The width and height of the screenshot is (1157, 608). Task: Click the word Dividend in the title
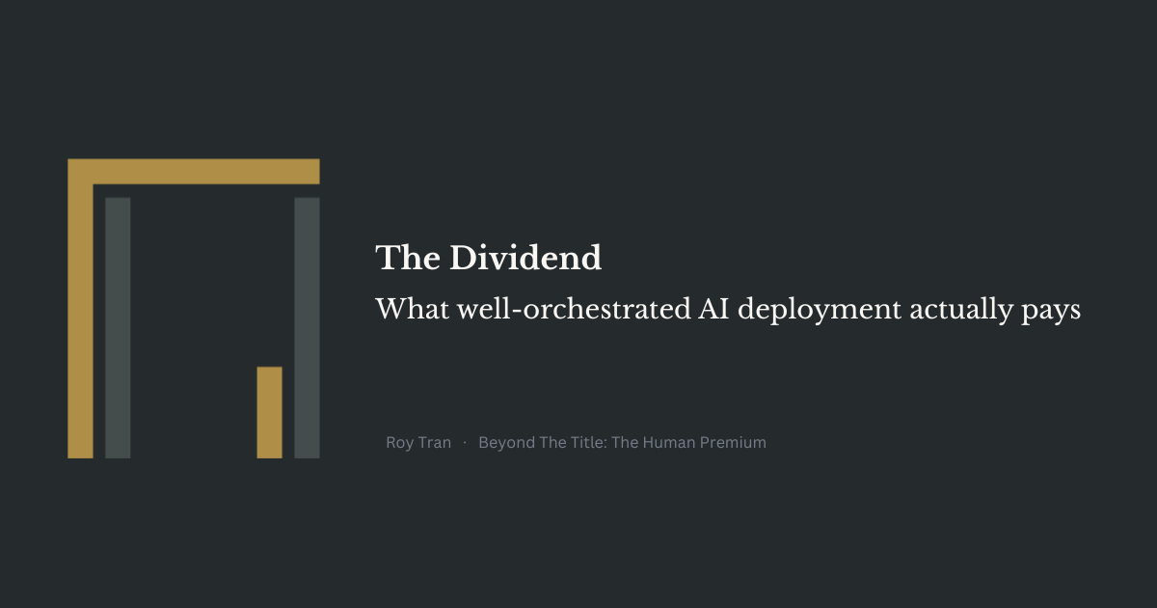[x=525, y=258]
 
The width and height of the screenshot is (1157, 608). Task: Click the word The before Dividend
[x=408, y=258]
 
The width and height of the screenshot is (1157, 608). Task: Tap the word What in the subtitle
[x=413, y=309]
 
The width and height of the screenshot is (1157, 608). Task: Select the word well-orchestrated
[x=574, y=309]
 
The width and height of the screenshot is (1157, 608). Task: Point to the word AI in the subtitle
[x=713, y=309]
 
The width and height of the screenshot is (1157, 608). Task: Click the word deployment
[x=820, y=311]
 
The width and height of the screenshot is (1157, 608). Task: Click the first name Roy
[x=399, y=443]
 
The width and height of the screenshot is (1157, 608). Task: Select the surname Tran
[x=434, y=443]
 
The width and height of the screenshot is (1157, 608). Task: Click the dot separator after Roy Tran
[x=465, y=443]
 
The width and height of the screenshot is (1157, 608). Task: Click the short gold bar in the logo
[x=270, y=413]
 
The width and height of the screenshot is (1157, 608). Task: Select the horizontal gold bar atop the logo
[x=194, y=172]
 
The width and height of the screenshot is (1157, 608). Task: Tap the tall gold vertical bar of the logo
[x=81, y=320]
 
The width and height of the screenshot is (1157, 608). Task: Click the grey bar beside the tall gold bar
[x=118, y=328]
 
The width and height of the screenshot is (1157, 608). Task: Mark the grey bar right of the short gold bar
[x=307, y=328]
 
